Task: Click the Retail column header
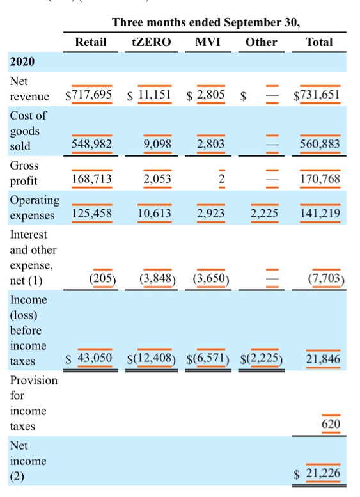coord(90,42)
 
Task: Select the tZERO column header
coord(151,42)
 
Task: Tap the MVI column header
coord(208,42)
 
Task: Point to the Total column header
coord(319,42)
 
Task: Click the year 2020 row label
coord(22,61)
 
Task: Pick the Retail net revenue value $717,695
coord(88,95)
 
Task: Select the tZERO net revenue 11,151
coord(155,95)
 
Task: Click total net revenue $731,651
coord(317,95)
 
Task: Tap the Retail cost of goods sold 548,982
coord(91,144)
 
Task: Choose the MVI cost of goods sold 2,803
coord(211,144)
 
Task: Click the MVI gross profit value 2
coord(222,178)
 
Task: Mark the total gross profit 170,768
coord(320,178)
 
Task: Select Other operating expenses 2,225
coord(264,213)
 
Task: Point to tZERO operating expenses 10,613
coord(154,213)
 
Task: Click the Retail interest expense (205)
coord(102,278)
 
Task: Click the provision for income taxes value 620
coord(331,424)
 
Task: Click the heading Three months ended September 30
coord(206,22)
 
